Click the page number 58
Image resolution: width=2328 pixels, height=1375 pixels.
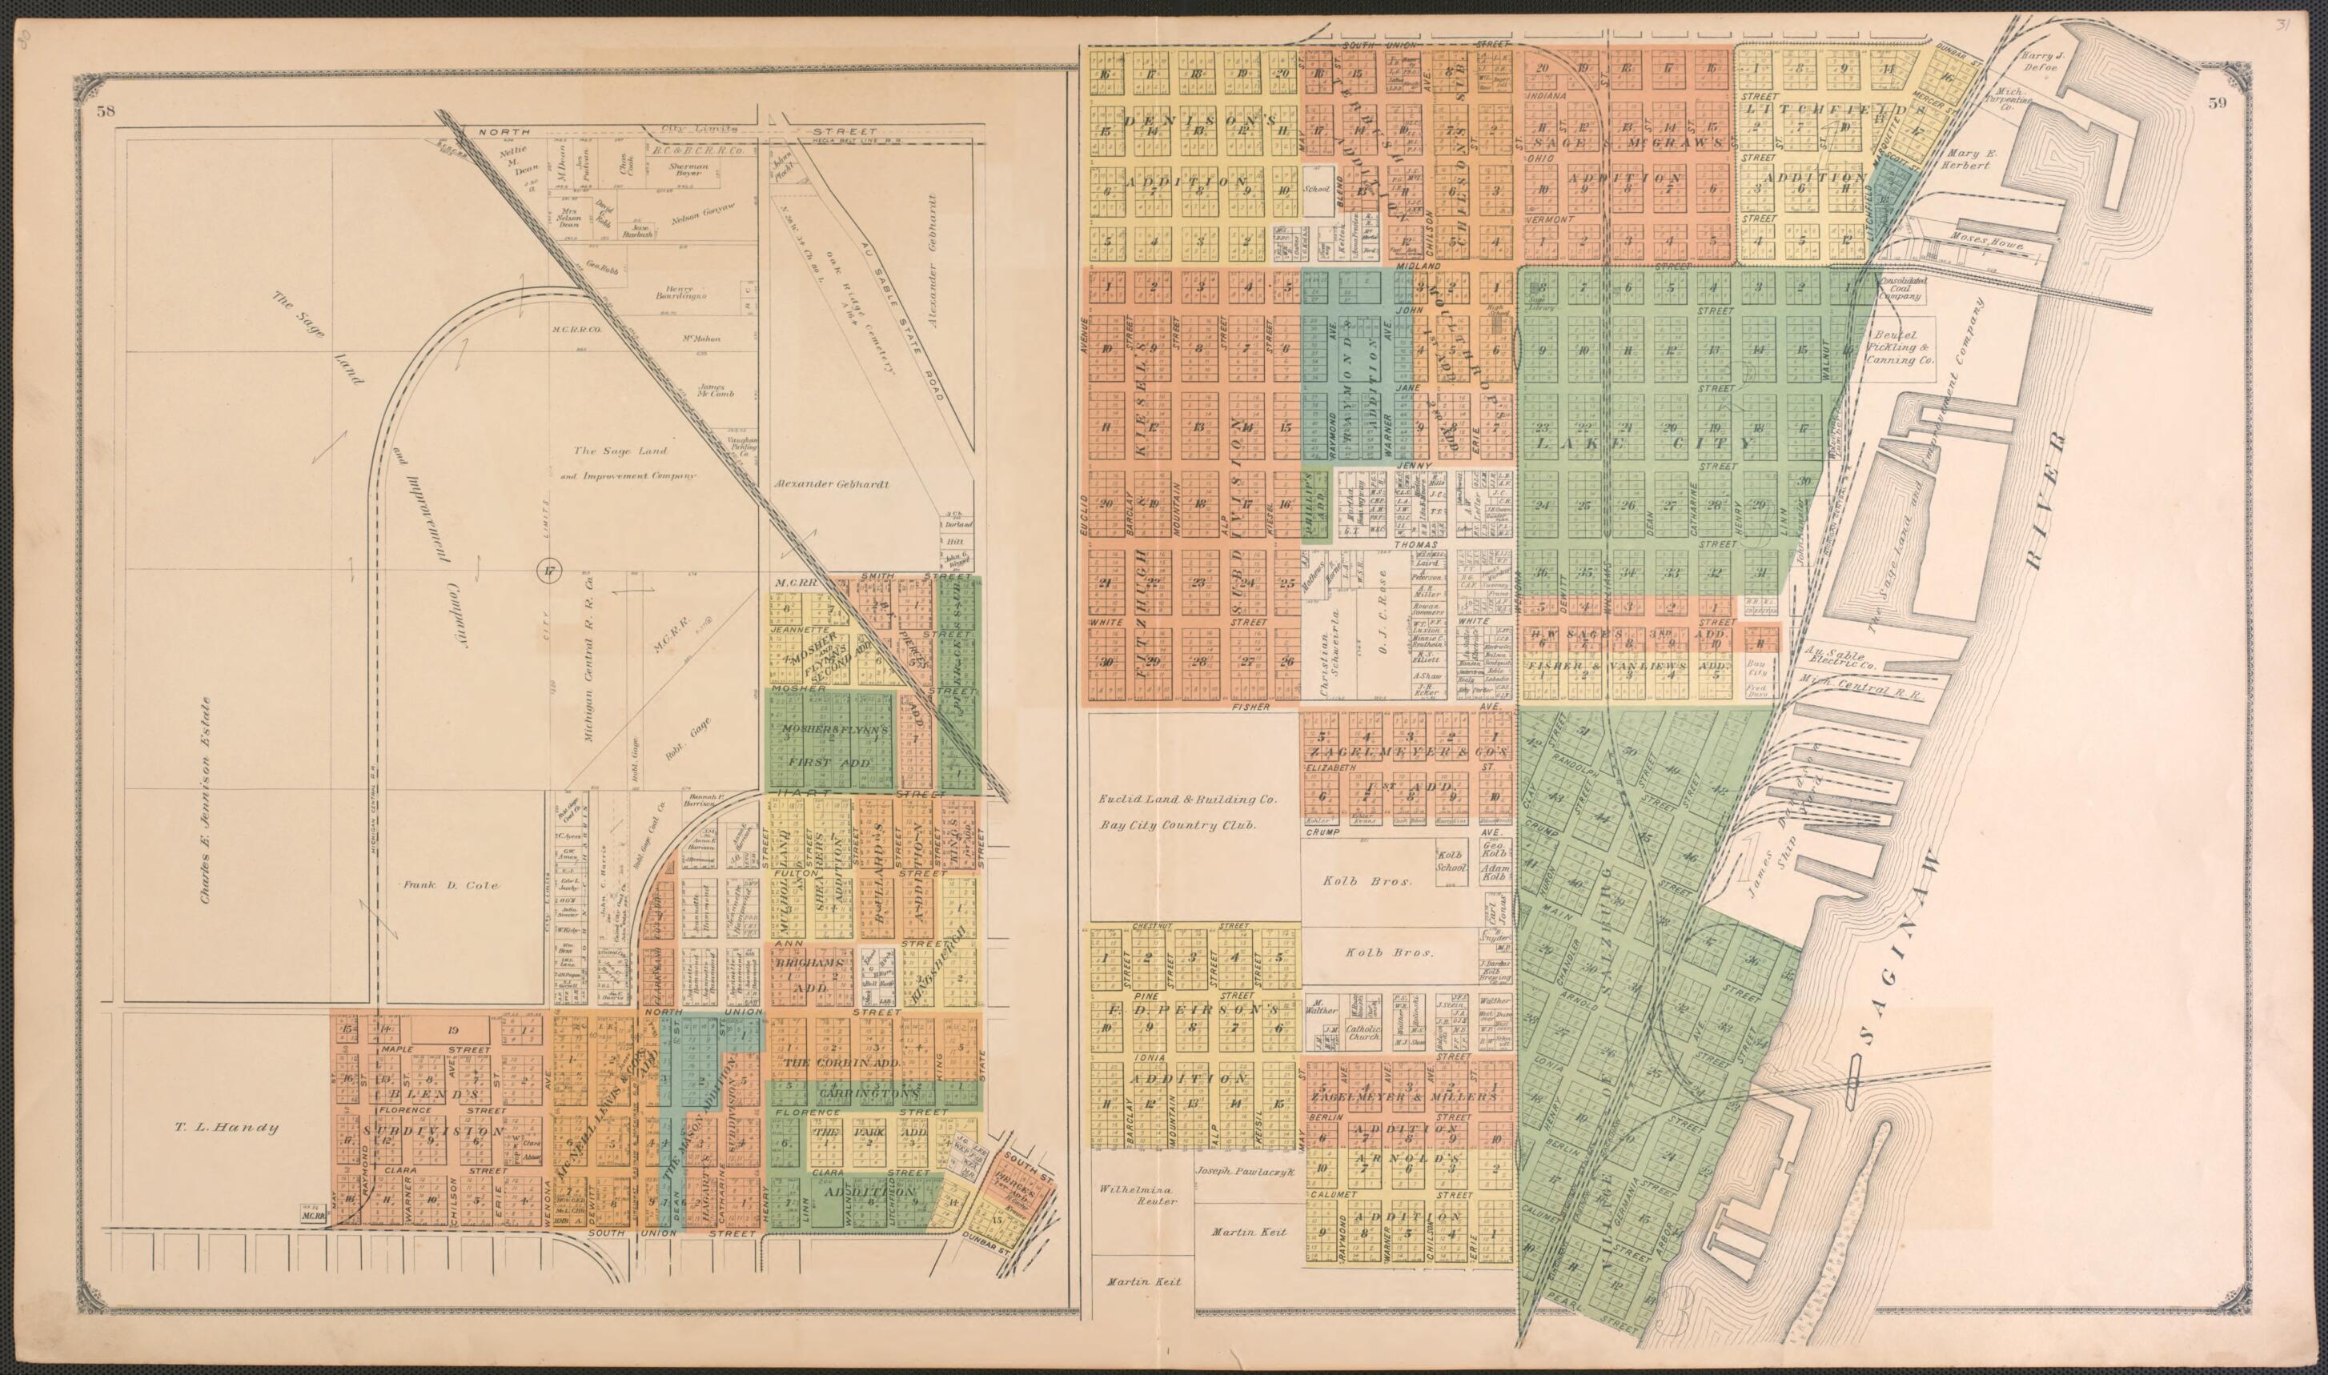105,112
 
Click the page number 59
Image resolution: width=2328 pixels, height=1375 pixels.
2216,103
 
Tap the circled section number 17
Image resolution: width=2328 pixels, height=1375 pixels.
548,571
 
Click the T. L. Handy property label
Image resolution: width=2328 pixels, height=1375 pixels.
226,1128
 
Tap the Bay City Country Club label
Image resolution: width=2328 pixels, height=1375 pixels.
1177,824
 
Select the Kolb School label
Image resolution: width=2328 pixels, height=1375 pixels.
1451,860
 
